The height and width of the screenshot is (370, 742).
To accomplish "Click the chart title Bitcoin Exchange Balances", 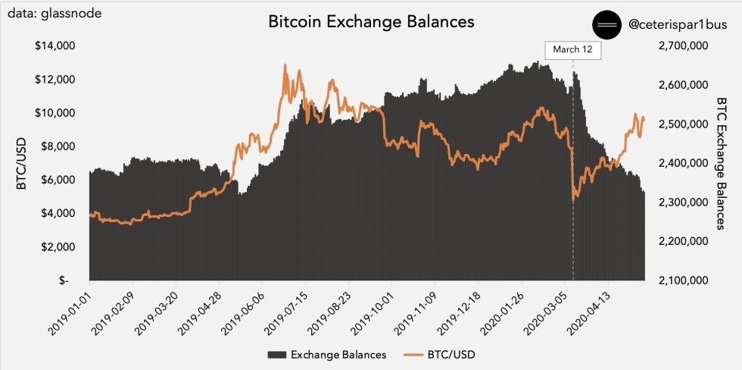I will tap(371, 22).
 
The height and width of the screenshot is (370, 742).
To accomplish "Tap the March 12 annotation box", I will tap(572, 50).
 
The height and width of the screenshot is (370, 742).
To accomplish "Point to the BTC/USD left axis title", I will tap(23, 162).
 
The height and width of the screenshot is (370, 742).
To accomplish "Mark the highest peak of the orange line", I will tap(285, 65).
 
